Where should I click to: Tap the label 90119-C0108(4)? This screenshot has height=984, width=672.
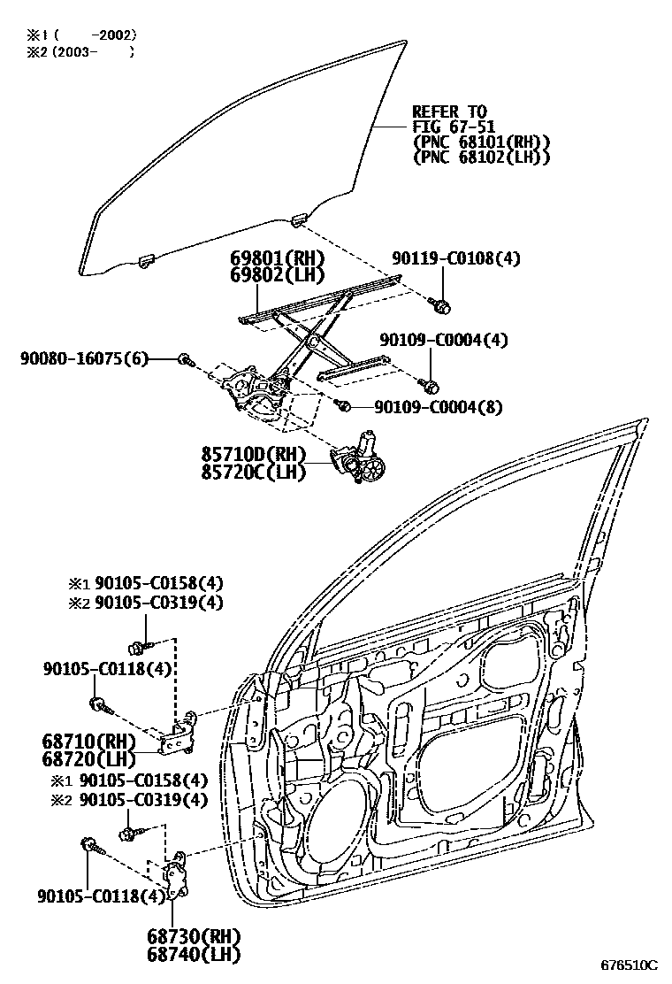tap(455, 258)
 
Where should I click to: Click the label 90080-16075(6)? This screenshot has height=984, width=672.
tap(84, 358)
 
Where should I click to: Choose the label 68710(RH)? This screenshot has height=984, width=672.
tap(88, 739)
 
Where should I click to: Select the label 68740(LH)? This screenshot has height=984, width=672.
tap(195, 953)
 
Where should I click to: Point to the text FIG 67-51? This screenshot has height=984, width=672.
tap(452, 127)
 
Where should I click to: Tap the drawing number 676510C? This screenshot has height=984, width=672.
tap(630, 964)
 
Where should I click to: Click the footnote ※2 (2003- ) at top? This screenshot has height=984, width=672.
tap(80, 52)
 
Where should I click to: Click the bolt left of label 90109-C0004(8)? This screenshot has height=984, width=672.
tap(346, 405)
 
